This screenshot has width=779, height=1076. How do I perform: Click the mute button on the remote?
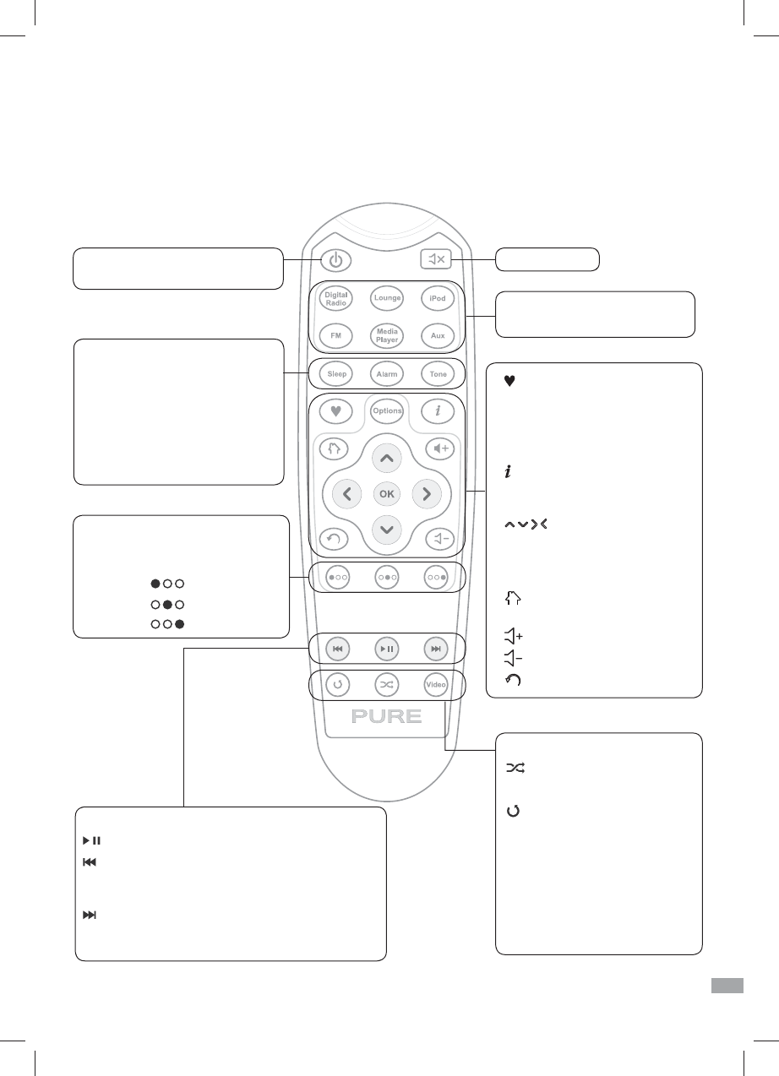click(x=437, y=259)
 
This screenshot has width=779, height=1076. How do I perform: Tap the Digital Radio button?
click(x=336, y=299)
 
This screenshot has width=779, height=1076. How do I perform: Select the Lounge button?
click(x=386, y=299)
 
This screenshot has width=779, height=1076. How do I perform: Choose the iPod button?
click(x=437, y=299)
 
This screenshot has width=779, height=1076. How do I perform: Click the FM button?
click(x=336, y=335)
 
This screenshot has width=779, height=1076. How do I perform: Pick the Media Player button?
click(x=386, y=335)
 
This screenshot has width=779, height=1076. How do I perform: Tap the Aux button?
click(x=437, y=335)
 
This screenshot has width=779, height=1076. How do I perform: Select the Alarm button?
click(x=386, y=373)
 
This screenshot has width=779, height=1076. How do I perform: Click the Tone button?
click(x=437, y=373)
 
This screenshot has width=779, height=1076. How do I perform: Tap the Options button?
click(x=387, y=410)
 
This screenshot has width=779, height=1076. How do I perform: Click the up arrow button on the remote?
click(x=386, y=458)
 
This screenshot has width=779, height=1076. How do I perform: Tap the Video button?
click(x=436, y=685)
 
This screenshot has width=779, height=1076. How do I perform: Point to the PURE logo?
click(x=386, y=717)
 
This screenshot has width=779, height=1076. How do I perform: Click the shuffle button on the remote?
click(x=386, y=685)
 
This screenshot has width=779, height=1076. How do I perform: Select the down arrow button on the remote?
click(x=386, y=530)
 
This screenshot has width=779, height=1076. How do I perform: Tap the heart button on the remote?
click(x=336, y=411)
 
